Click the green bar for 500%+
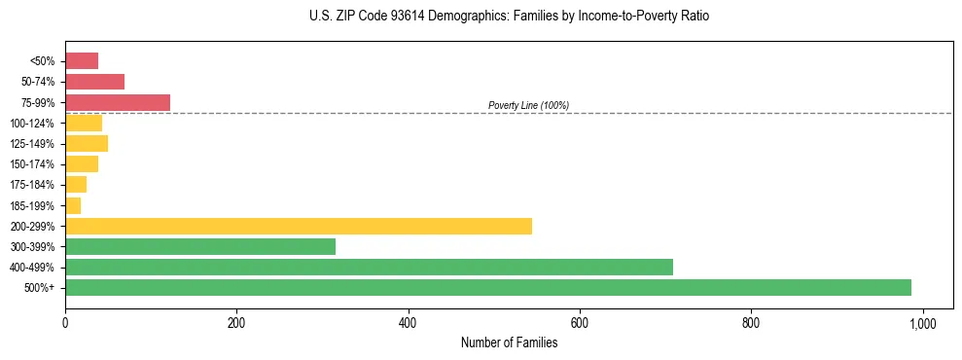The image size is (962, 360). tap(487, 287)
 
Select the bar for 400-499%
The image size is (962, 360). tap(369, 267)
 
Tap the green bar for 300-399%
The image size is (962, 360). tap(199, 246)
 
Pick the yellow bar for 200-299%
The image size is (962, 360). tap(298, 226)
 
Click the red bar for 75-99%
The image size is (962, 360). tap(117, 102)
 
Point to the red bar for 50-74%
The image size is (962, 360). tap(94, 82)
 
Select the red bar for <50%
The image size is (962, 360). tap(82, 61)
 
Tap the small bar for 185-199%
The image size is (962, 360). tap(73, 205)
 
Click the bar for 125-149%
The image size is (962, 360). tap(87, 143)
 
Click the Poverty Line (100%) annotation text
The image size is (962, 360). tap(528, 105)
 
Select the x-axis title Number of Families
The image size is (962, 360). tap(509, 342)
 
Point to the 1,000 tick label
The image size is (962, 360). tap(922, 323)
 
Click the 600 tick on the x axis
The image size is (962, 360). tap(579, 323)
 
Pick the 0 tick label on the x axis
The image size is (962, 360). tap(65, 323)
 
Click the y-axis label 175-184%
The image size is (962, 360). tap(32, 185)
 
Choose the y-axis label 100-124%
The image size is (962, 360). tap(32, 124)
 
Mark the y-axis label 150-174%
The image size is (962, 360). tap(32, 164)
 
